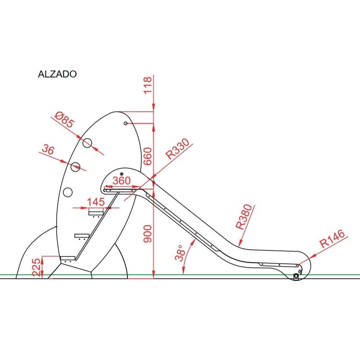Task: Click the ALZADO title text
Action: click(57, 74)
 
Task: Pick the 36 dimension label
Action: click(49, 149)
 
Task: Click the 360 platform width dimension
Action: click(121, 181)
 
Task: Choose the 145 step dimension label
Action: click(96, 202)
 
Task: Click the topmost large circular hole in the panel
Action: click(87, 143)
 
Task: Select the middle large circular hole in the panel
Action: click(76, 166)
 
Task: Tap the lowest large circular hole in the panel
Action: click(67, 192)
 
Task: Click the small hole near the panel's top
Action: click(126, 123)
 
